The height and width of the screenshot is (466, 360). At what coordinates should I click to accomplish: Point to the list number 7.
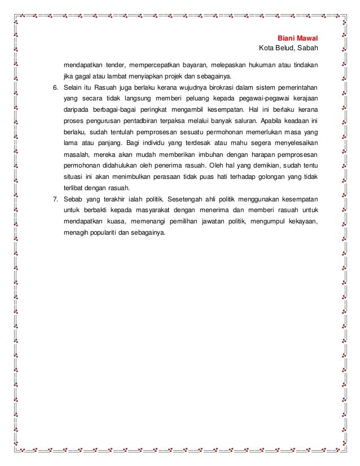pos(55,199)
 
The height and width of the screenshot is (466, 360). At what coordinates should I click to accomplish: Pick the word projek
pos(172,76)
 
